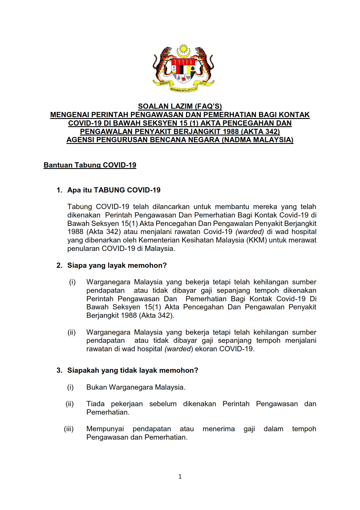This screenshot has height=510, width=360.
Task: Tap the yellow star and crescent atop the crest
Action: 183,51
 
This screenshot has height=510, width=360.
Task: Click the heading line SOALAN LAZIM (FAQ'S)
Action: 180,106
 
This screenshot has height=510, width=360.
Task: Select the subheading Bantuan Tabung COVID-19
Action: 90,165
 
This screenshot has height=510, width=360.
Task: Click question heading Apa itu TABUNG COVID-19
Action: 114,190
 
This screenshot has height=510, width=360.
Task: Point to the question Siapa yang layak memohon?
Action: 117,265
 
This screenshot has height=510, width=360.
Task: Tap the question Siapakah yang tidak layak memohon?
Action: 132,370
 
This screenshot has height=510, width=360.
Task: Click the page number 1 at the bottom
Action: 180,476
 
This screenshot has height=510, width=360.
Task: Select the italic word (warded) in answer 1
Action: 249,232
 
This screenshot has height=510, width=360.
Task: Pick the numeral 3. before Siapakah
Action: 59,370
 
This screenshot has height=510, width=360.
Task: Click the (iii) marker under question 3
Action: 69,429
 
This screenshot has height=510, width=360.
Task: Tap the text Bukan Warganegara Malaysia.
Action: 136,387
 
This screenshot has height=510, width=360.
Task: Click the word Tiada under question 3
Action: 95,404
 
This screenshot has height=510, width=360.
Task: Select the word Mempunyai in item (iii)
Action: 105,429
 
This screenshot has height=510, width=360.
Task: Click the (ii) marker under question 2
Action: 71,332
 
